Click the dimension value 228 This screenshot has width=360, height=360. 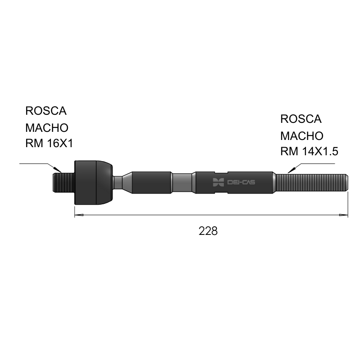pos(208,231)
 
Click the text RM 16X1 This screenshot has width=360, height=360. pos(49,144)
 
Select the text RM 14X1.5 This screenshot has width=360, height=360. pos(309,152)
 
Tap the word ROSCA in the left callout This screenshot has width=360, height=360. pos(46,111)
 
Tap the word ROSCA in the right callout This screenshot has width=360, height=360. pos(301,119)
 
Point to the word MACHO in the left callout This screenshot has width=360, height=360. pos(47,128)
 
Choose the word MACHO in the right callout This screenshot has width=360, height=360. pos(302,136)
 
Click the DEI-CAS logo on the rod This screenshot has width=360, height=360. pos(234,182)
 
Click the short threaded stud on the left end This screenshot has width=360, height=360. pos(63,183)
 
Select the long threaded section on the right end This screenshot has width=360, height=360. pos(311,183)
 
